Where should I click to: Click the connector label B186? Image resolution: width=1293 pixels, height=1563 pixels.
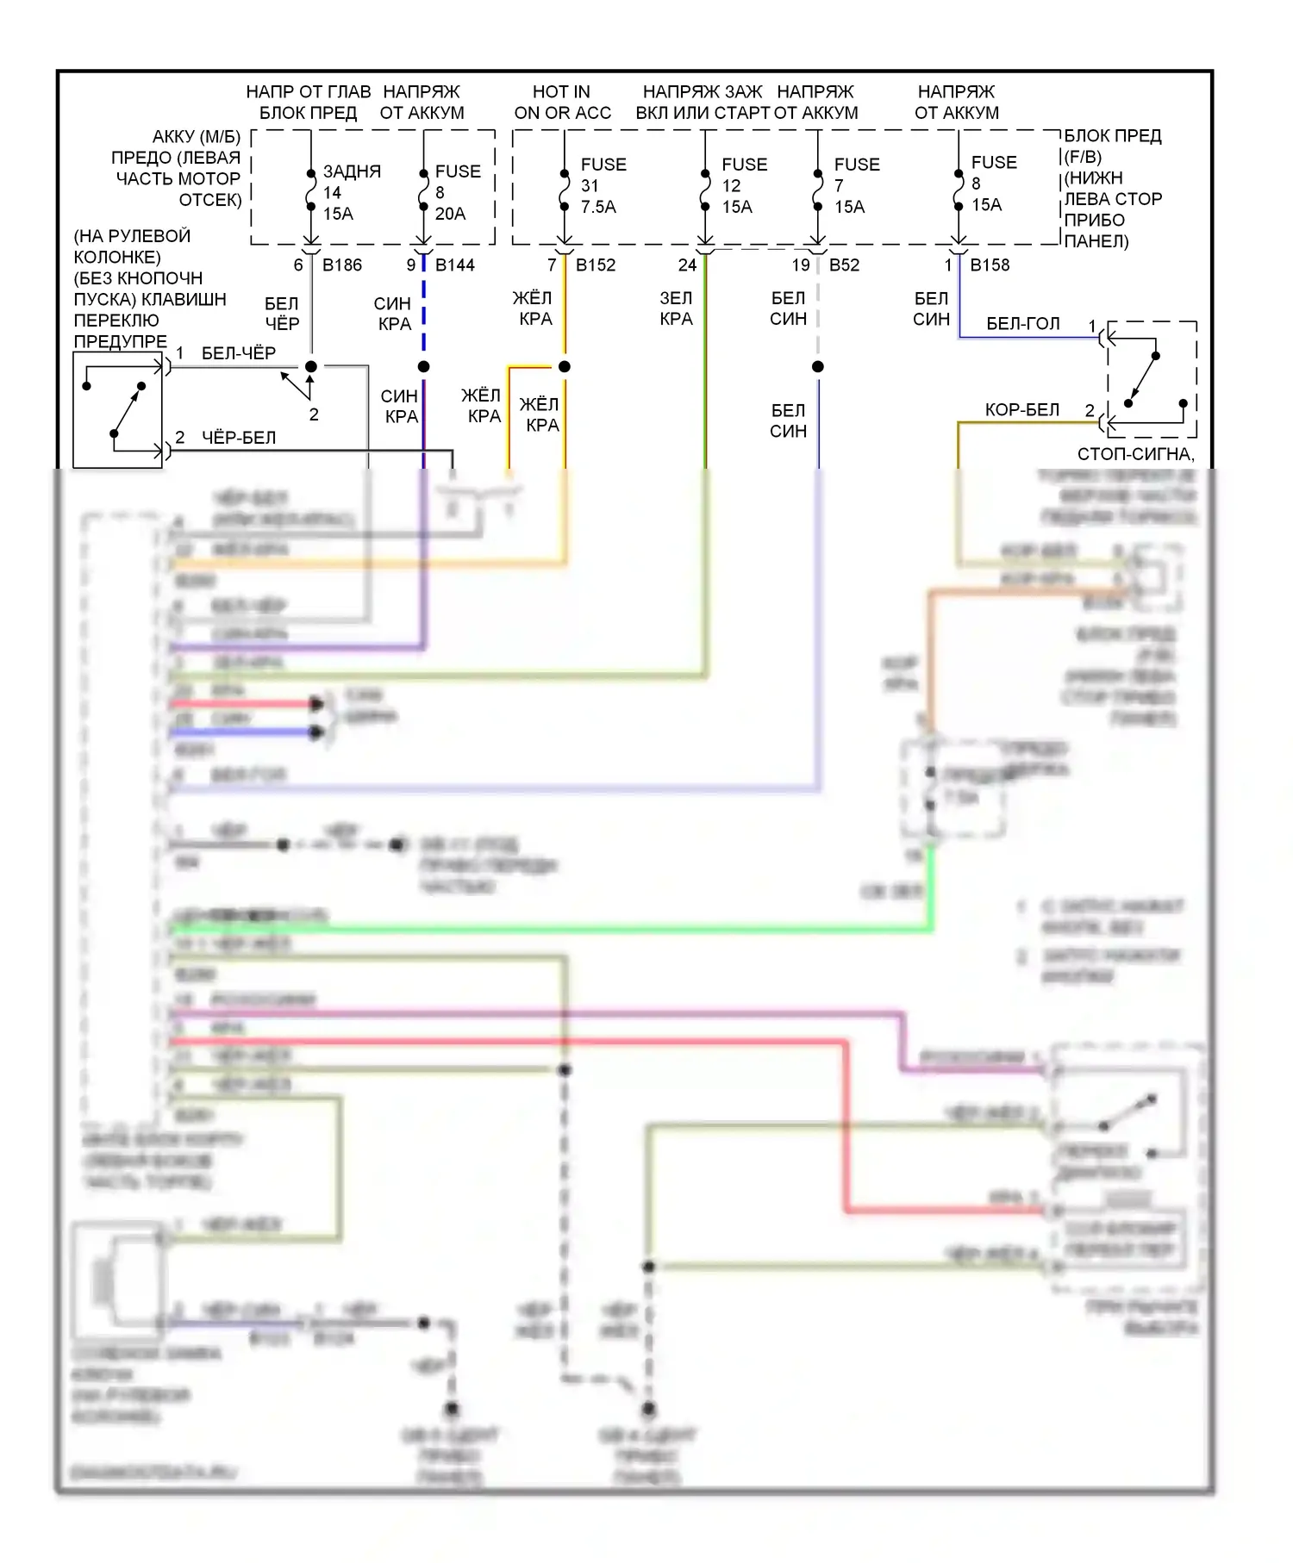click(x=342, y=265)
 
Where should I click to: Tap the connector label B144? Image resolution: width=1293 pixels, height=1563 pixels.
click(x=455, y=265)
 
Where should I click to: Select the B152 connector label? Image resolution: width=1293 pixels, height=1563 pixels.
click(x=596, y=265)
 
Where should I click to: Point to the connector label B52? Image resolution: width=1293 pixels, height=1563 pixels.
click(x=844, y=265)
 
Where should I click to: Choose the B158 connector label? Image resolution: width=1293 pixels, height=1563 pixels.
click(x=990, y=265)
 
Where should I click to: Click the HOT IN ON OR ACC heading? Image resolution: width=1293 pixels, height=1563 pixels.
click(x=562, y=103)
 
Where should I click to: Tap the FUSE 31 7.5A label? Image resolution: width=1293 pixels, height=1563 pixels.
click(x=603, y=185)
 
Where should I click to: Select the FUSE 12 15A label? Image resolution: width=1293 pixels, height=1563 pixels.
click(x=743, y=185)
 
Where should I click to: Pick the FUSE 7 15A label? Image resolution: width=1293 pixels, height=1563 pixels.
click(x=856, y=185)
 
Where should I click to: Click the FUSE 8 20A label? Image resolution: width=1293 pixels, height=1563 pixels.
click(x=457, y=192)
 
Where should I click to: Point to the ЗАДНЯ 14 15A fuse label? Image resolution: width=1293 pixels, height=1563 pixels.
click(x=350, y=192)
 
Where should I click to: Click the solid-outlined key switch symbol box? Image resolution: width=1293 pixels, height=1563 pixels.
click(x=118, y=410)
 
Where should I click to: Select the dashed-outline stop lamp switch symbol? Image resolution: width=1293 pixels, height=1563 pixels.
click(x=1152, y=379)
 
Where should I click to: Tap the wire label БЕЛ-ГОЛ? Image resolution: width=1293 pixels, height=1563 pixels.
click(x=1022, y=324)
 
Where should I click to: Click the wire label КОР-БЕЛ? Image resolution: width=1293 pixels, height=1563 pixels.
click(x=1021, y=410)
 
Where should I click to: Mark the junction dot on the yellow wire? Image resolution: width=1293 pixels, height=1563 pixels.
click(x=565, y=367)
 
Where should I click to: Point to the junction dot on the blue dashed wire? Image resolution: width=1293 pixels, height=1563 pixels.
click(x=423, y=367)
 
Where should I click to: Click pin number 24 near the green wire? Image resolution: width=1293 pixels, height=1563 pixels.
click(x=687, y=265)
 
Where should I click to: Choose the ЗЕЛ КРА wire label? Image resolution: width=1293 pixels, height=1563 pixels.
click(x=676, y=308)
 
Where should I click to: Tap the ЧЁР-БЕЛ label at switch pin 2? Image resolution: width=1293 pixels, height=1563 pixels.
click(x=238, y=438)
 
